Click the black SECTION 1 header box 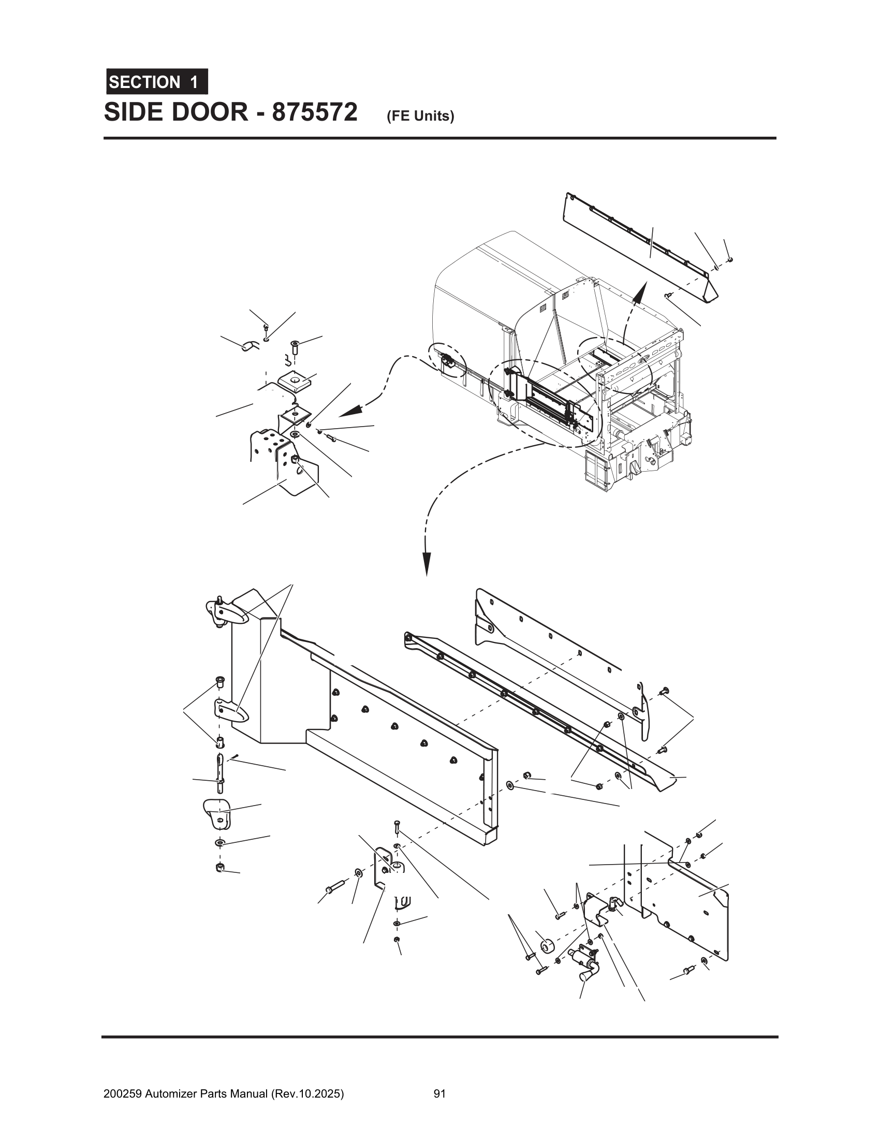157,82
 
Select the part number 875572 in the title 314,112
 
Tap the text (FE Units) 420,116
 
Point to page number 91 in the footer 439,1090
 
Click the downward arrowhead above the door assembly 427,563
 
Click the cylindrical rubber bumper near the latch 546,945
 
